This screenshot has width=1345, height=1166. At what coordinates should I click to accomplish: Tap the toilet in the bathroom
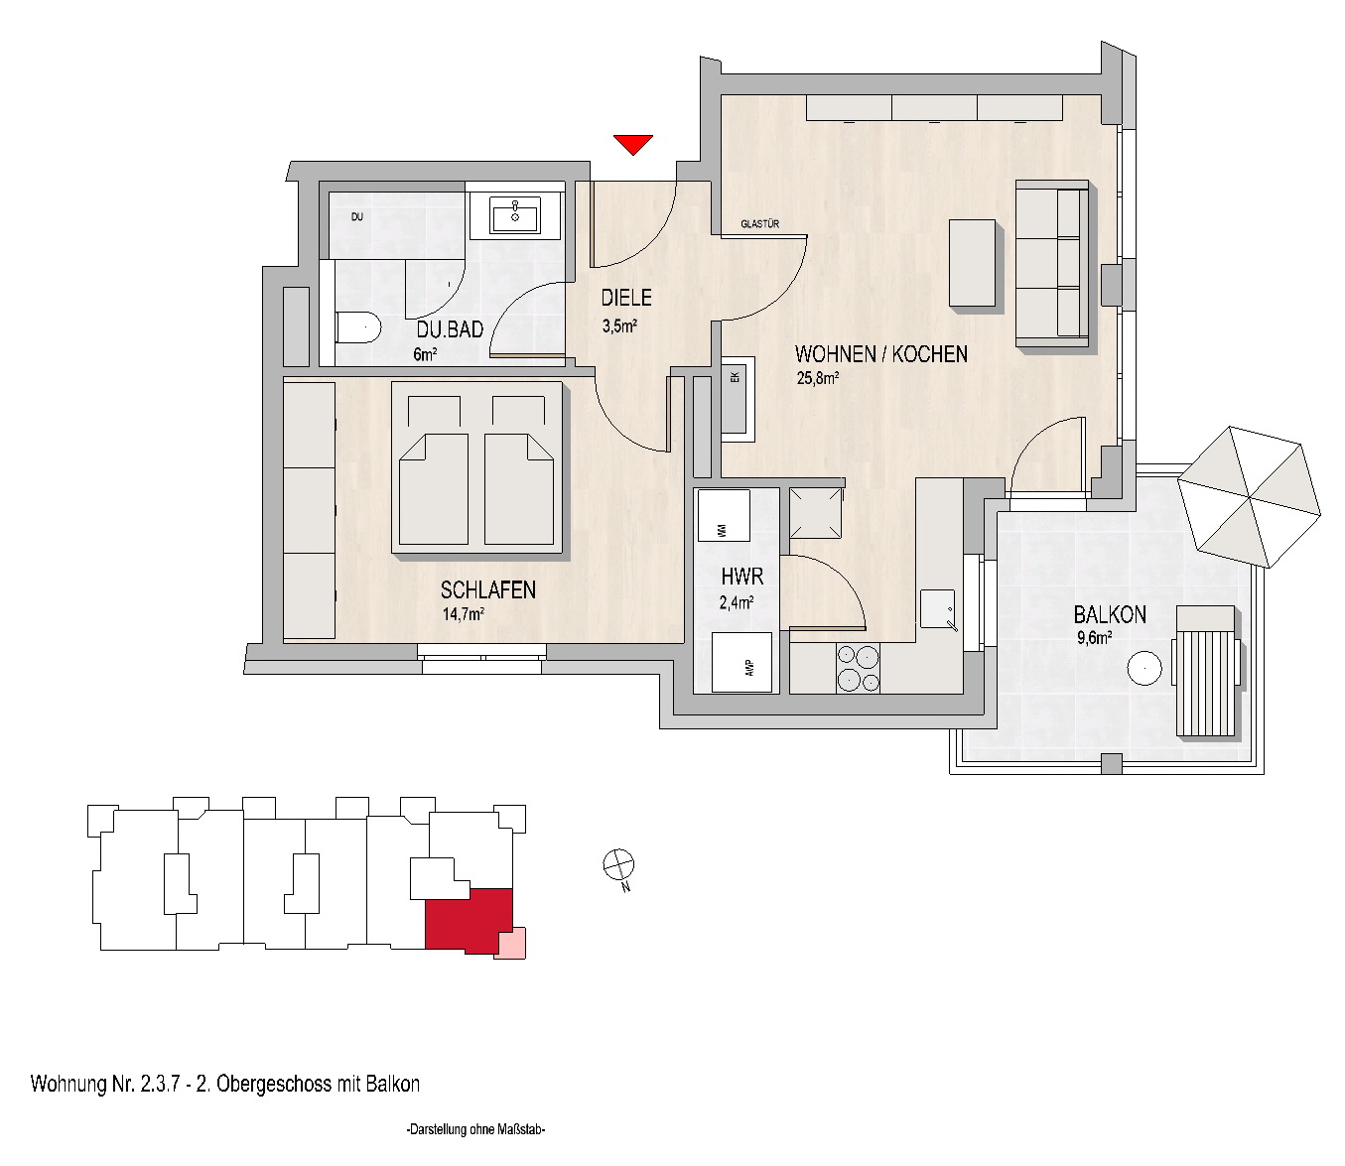pyautogui.click(x=358, y=326)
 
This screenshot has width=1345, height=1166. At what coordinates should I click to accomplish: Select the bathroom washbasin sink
pyautogui.click(x=515, y=214)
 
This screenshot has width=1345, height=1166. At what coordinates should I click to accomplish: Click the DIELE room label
pyautogui.click(x=626, y=298)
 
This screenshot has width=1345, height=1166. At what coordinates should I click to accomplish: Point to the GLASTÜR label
pyautogui.click(x=759, y=224)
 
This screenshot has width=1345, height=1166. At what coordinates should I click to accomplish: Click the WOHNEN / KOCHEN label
pyautogui.click(x=881, y=354)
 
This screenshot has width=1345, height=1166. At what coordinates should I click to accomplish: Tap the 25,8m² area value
pyautogui.click(x=817, y=377)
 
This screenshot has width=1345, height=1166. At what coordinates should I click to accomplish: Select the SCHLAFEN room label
pyautogui.click(x=488, y=590)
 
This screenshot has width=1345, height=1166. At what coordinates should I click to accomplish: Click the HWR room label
pyautogui.click(x=741, y=577)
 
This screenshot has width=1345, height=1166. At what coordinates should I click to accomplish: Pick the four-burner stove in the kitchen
pyautogui.click(x=859, y=668)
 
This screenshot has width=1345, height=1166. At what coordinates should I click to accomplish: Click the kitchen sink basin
pyautogui.click(x=938, y=609)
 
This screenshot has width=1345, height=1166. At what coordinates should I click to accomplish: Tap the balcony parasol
pyautogui.click(x=1250, y=497)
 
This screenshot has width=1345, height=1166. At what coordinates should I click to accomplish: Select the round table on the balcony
pyautogui.click(x=1143, y=668)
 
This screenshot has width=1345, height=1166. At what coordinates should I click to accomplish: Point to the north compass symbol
pyautogui.click(x=618, y=865)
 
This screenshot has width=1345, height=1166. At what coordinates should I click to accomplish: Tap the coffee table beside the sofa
pyautogui.click(x=972, y=263)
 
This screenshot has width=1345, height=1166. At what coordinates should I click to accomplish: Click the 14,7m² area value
pyautogui.click(x=463, y=613)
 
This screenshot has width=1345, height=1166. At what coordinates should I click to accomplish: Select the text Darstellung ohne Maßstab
pyautogui.click(x=475, y=1129)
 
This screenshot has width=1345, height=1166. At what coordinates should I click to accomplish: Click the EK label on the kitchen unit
pyautogui.click(x=736, y=377)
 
